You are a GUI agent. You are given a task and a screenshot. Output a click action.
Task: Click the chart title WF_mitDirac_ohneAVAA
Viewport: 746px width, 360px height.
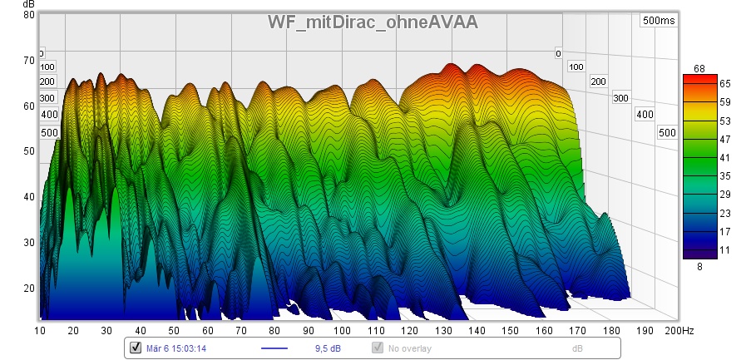tap(373, 22)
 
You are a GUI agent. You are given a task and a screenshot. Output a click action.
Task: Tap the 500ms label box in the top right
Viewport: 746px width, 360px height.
tap(659, 21)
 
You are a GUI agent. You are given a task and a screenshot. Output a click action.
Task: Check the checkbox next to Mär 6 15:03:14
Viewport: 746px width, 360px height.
tap(136, 348)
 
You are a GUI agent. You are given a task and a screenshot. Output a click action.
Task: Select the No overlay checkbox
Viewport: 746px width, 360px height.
tap(378, 348)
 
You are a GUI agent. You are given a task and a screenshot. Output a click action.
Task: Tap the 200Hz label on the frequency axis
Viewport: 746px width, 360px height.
tap(679, 331)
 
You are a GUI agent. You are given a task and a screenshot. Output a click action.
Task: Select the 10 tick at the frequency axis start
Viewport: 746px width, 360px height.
tap(41, 331)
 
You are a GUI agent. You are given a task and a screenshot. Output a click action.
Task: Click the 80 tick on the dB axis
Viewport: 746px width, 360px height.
tap(28, 15)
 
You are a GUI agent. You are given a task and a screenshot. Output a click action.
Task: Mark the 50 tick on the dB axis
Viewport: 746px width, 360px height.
tap(28, 151)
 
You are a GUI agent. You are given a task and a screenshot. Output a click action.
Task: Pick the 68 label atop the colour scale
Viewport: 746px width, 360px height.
tap(699, 68)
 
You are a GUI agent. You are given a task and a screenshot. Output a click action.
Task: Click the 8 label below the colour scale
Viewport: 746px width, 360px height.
tap(699, 267)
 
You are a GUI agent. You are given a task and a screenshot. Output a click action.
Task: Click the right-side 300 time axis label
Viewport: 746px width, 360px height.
tap(620, 98)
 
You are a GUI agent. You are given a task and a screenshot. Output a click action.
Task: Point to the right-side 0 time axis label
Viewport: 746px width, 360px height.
tap(559, 53)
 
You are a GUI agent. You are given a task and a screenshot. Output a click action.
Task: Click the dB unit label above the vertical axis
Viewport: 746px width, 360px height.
tap(28, 5)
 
